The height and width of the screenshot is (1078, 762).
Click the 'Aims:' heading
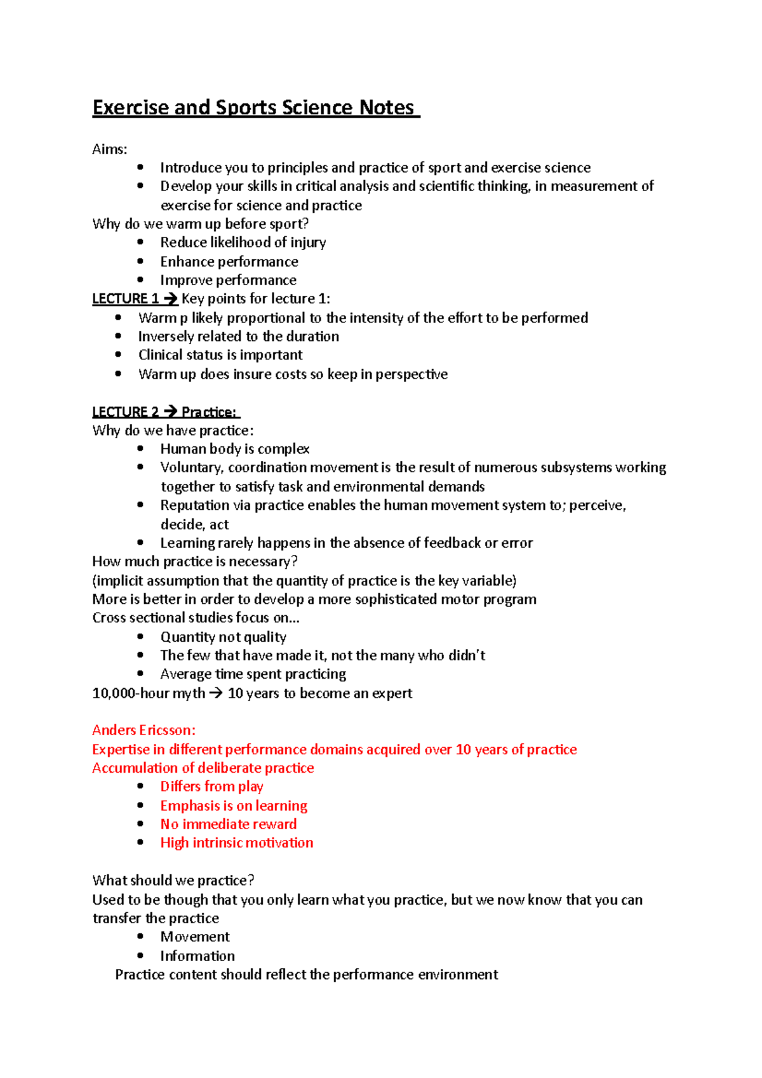pos(110,149)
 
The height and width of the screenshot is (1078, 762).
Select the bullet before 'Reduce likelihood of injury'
pos(140,242)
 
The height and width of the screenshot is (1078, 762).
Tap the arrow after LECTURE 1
pos(170,299)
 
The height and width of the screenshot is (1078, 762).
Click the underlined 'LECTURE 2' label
pos(124,412)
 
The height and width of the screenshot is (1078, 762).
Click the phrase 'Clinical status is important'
pos(220,355)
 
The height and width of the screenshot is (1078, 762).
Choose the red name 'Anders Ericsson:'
pos(144,730)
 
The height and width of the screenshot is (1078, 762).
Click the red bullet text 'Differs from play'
pos(211,787)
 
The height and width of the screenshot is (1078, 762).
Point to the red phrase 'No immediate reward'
pos(228,824)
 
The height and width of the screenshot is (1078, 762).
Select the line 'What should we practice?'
pos(173,881)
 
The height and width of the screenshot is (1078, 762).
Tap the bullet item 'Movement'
pos(195,937)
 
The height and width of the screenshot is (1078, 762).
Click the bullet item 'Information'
pos(197,956)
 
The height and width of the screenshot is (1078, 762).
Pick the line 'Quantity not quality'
pos(223,637)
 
